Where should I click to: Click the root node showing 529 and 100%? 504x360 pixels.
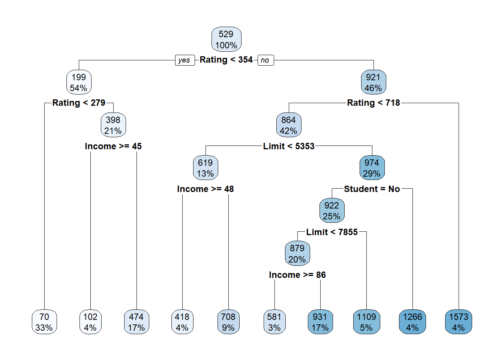(x=226, y=39)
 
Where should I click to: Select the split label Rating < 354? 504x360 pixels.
(x=226, y=60)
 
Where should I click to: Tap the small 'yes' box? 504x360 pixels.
(x=184, y=60)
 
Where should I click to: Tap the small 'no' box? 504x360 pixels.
(x=265, y=60)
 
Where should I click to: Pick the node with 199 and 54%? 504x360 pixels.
(x=79, y=82)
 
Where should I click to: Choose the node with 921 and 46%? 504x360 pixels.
(x=373, y=82)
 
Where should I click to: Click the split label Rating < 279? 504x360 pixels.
(x=79, y=103)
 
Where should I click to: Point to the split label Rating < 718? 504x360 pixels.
(x=373, y=103)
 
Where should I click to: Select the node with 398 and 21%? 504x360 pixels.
(x=113, y=125)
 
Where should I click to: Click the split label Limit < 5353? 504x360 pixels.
(x=289, y=146)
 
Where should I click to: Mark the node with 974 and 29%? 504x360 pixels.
(x=372, y=168)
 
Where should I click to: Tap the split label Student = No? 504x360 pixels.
(x=372, y=189)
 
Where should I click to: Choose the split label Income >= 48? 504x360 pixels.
(x=205, y=189)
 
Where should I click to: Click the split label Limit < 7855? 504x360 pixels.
(x=332, y=232)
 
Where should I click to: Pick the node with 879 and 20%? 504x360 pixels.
(x=297, y=254)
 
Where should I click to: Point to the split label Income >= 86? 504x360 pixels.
(x=297, y=275)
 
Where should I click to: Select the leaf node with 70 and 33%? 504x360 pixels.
(x=44, y=322)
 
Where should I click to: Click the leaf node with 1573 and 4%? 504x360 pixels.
(x=459, y=322)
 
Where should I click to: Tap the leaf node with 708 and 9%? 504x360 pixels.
(x=228, y=322)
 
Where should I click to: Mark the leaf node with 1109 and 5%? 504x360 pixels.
(x=367, y=322)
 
